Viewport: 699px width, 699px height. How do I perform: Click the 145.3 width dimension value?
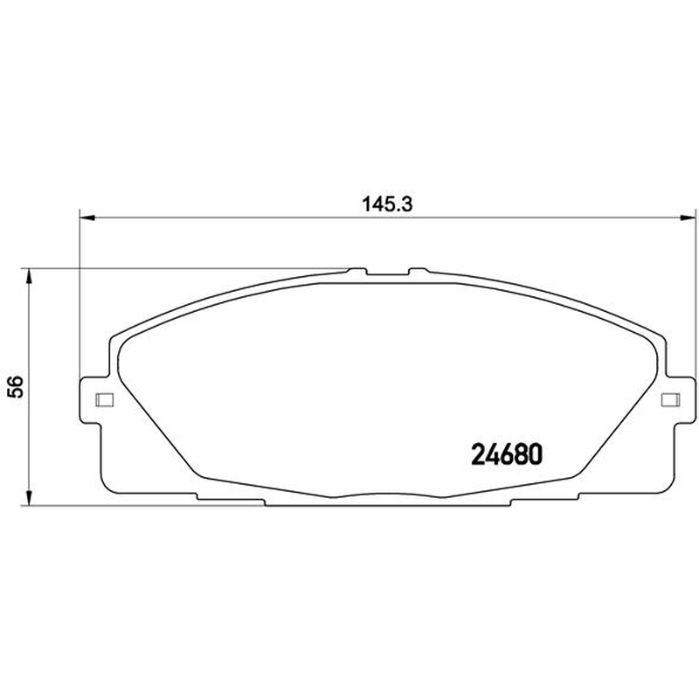(x=387, y=204)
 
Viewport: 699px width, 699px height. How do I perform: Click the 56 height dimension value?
(x=16, y=386)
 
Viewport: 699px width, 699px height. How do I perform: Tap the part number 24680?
(x=508, y=454)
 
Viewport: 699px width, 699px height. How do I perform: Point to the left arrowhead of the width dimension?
(x=87, y=218)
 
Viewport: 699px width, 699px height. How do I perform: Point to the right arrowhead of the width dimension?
(x=687, y=218)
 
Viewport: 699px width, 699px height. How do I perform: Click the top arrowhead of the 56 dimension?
(x=29, y=277)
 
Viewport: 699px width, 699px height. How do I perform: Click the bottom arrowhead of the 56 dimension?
(x=29, y=497)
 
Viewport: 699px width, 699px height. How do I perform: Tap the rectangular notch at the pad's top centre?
(x=387, y=272)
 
